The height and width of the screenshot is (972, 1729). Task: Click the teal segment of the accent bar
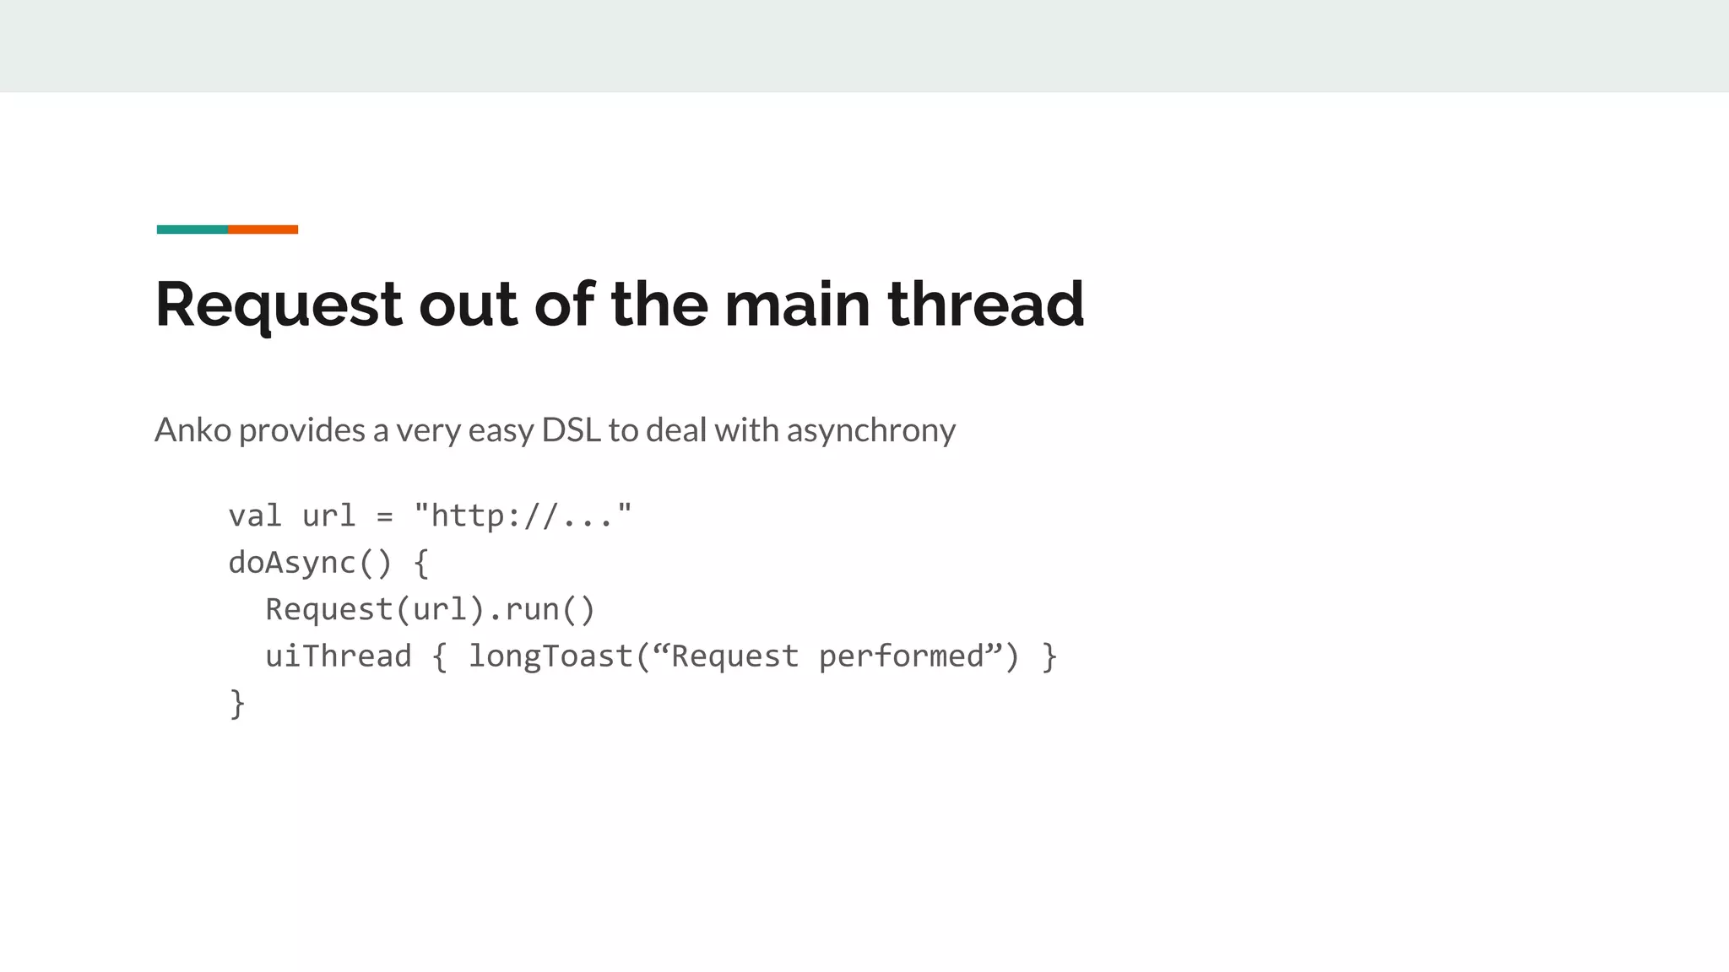point(192,229)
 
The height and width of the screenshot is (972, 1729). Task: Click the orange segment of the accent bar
point(263,229)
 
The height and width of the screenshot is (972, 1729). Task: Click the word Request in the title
point(279,305)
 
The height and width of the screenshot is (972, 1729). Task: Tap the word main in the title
point(797,305)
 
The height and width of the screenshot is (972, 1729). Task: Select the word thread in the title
point(985,305)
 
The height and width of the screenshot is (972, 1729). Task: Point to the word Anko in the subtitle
point(192,430)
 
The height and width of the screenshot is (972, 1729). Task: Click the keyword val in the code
point(255,516)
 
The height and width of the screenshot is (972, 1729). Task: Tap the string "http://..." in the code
point(523,516)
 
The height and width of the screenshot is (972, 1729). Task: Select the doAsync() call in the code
point(310,563)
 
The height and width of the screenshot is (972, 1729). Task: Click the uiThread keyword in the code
point(338,656)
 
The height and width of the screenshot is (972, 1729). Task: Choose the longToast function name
point(550,656)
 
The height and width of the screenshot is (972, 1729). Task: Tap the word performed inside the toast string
point(902,657)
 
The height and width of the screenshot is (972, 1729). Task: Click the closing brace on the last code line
point(237,703)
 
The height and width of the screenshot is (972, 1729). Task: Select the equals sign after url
point(385,516)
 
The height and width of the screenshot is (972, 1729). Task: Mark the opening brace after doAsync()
point(421,563)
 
